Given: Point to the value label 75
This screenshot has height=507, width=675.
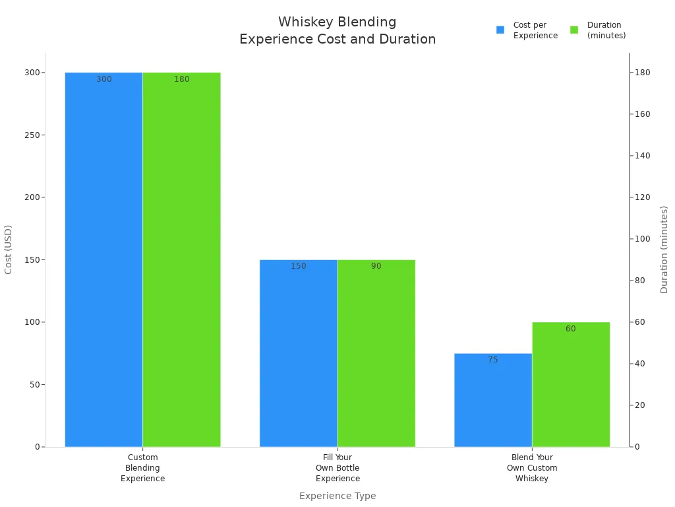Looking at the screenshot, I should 493,360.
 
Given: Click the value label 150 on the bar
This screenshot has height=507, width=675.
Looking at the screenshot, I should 299,267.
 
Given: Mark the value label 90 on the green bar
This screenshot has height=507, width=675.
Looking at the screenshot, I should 376,267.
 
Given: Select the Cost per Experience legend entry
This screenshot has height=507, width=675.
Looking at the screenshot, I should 527,30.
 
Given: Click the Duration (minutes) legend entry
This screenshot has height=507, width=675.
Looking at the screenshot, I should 599,30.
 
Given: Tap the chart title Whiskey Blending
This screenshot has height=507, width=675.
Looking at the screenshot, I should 337,22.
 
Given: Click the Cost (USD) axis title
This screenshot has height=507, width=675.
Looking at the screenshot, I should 9,250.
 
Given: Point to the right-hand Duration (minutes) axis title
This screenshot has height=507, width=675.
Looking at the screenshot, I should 664,250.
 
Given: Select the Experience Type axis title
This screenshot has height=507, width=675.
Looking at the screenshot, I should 337,496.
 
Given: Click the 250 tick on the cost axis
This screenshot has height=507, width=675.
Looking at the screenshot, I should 30,135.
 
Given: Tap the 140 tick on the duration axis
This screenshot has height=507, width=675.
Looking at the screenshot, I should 642,156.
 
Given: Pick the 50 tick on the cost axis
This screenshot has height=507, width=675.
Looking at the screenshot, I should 33,385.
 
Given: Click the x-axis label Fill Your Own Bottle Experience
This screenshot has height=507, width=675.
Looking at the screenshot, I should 337,468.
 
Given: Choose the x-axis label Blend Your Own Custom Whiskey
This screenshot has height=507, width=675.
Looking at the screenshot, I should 532,468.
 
